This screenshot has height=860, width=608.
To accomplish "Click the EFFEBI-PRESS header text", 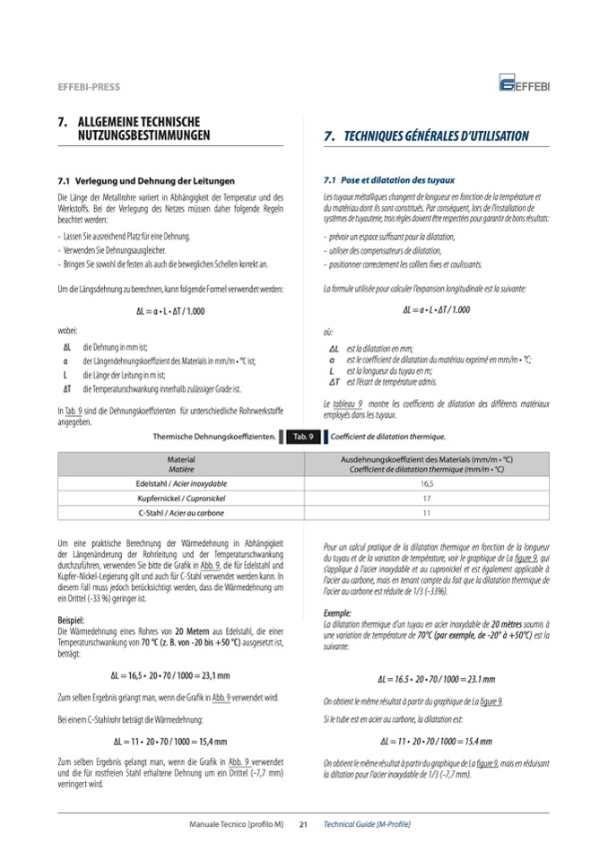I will point(89,87).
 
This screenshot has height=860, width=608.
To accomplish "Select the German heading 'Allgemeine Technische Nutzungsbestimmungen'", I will point(140,128).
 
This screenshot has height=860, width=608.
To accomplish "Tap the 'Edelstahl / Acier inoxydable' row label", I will point(181,482).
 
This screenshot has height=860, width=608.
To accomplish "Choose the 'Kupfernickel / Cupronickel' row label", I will point(181,497).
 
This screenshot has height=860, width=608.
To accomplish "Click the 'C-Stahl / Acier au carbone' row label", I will point(181,512).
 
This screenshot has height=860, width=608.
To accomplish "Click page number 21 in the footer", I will point(303,823).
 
